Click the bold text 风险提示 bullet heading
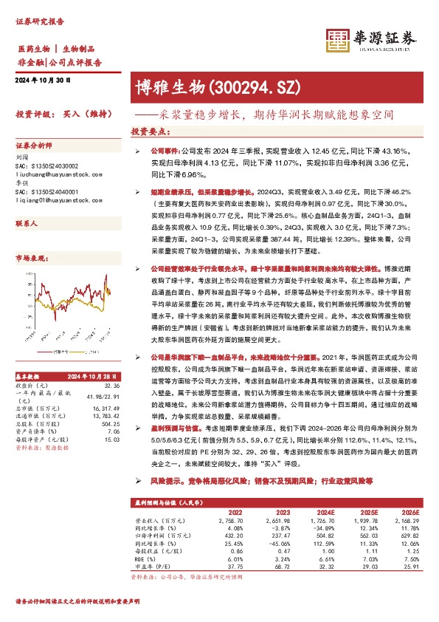[166, 479]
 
